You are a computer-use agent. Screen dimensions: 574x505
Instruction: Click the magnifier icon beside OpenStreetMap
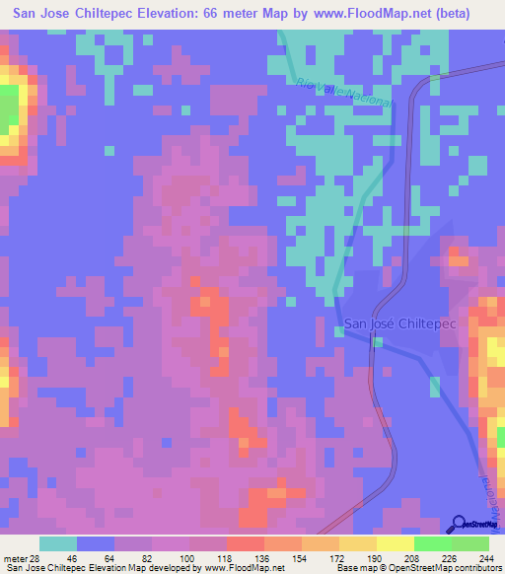point(460,524)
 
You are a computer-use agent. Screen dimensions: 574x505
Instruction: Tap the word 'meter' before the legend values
point(17,560)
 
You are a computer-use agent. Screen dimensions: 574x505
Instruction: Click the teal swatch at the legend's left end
point(57,543)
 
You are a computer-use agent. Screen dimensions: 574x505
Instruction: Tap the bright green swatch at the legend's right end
point(470,543)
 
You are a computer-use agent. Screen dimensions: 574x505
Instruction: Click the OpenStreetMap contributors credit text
point(442,569)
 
